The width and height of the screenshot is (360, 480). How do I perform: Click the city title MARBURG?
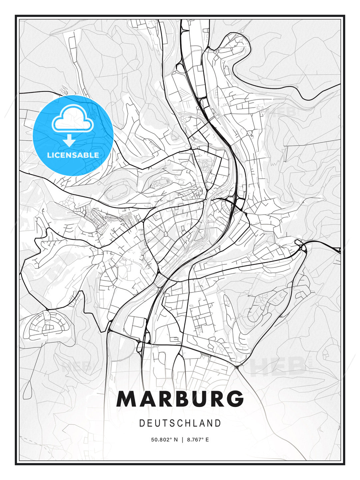point(180,399)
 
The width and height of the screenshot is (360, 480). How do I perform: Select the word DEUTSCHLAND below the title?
point(180,423)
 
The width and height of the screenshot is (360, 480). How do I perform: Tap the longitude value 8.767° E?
point(198,440)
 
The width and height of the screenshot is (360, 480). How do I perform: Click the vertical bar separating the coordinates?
point(182,440)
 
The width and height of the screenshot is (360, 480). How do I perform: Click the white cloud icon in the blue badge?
point(72,119)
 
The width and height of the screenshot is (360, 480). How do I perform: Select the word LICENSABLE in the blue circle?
point(73,155)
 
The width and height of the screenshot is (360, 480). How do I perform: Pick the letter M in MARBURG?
point(127,399)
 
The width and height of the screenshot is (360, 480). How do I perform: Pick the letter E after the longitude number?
point(207,440)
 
